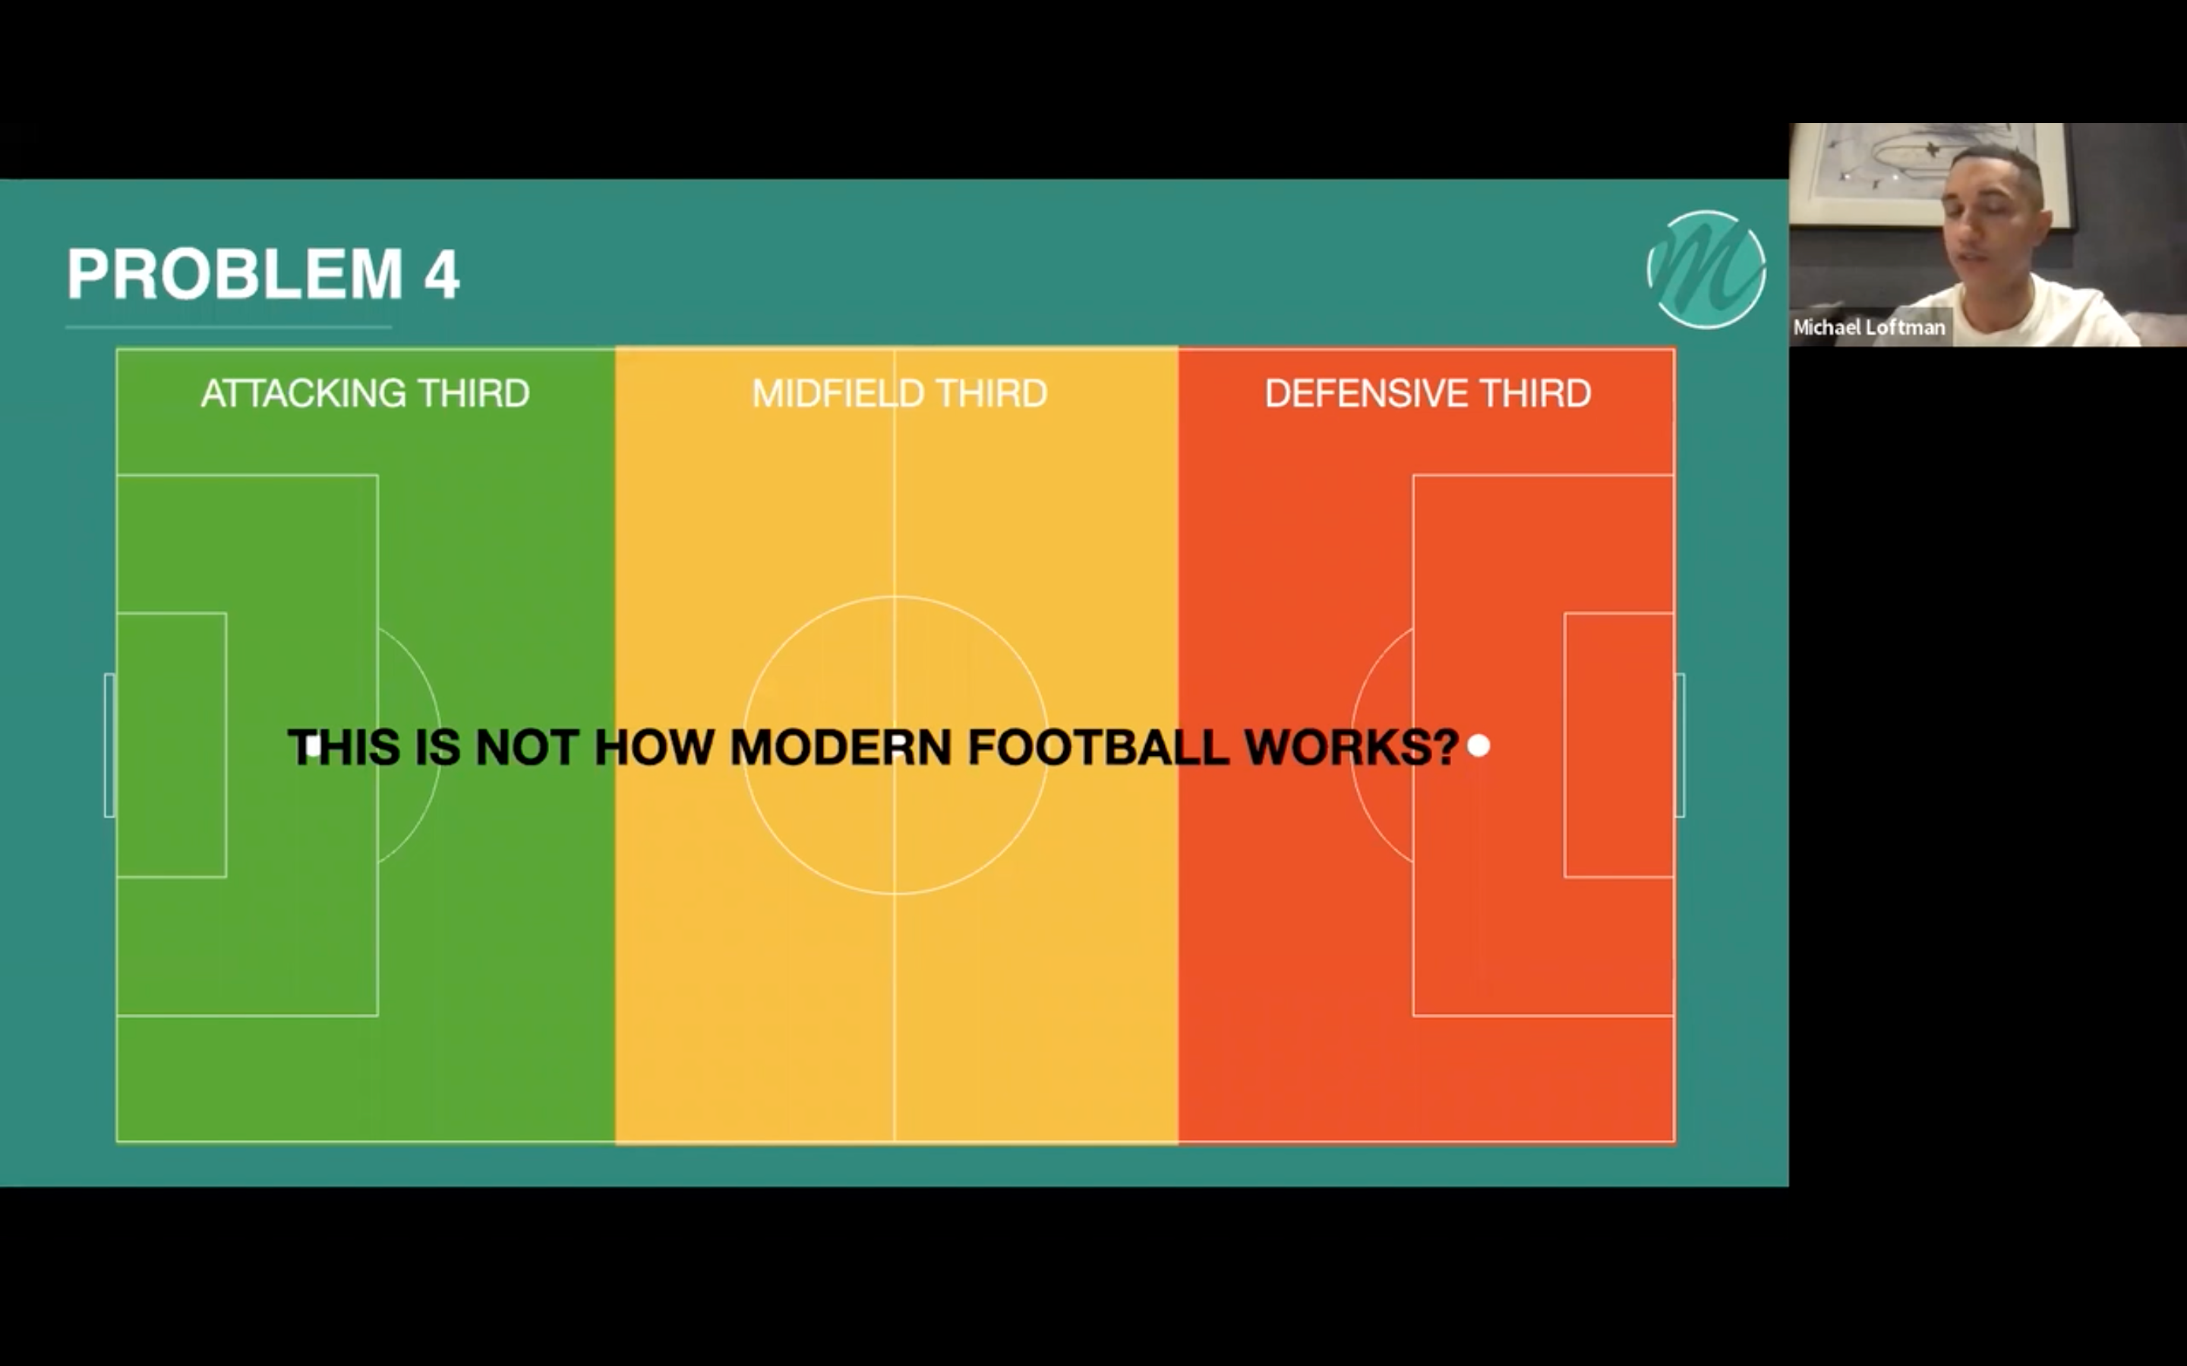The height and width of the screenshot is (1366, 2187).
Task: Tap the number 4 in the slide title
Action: coord(442,275)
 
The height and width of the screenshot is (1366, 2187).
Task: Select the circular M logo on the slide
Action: coord(1706,269)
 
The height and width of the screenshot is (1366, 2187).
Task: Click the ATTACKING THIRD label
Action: coord(365,393)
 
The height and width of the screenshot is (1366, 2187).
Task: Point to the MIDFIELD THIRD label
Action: coord(899,393)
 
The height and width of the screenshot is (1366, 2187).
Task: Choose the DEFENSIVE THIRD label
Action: coord(1428,393)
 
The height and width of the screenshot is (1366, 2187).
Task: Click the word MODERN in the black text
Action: coord(841,748)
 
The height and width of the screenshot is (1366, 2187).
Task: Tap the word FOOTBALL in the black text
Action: coord(1098,748)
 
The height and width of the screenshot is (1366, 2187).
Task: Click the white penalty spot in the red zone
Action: coord(1479,746)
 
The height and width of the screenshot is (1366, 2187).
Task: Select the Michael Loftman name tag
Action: coord(1869,327)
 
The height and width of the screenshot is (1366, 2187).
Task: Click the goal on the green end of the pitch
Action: coord(110,745)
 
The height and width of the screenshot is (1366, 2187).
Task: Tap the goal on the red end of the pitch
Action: coord(1680,745)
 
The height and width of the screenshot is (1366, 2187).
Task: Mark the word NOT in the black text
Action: coord(526,748)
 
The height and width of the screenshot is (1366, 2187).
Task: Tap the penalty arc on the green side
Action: coord(439,745)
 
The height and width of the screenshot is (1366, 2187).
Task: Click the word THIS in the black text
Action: coord(344,748)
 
